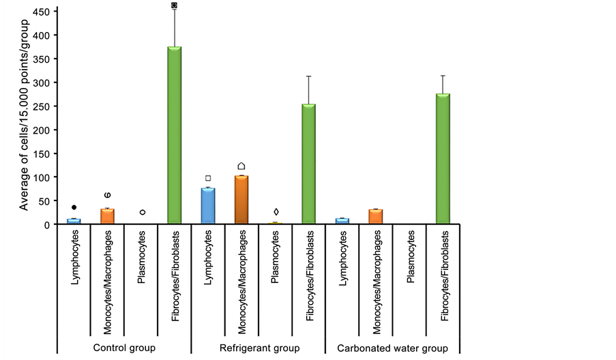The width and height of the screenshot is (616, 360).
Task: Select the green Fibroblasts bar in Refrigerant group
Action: point(308,164)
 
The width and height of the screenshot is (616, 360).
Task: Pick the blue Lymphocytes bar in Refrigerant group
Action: point(208,206)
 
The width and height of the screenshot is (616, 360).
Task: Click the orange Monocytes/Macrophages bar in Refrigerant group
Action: point(241,200)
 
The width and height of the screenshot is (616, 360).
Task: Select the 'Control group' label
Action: point(124,348)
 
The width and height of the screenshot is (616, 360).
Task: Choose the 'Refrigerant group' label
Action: point(259,348)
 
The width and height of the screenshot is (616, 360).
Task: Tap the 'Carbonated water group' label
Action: point(393,348)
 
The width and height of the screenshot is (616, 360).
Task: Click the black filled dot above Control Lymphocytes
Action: point(74,207)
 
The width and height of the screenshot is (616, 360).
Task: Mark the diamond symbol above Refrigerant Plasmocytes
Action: point(276,212)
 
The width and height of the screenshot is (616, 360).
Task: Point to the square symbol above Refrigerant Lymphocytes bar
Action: point(208,179)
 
